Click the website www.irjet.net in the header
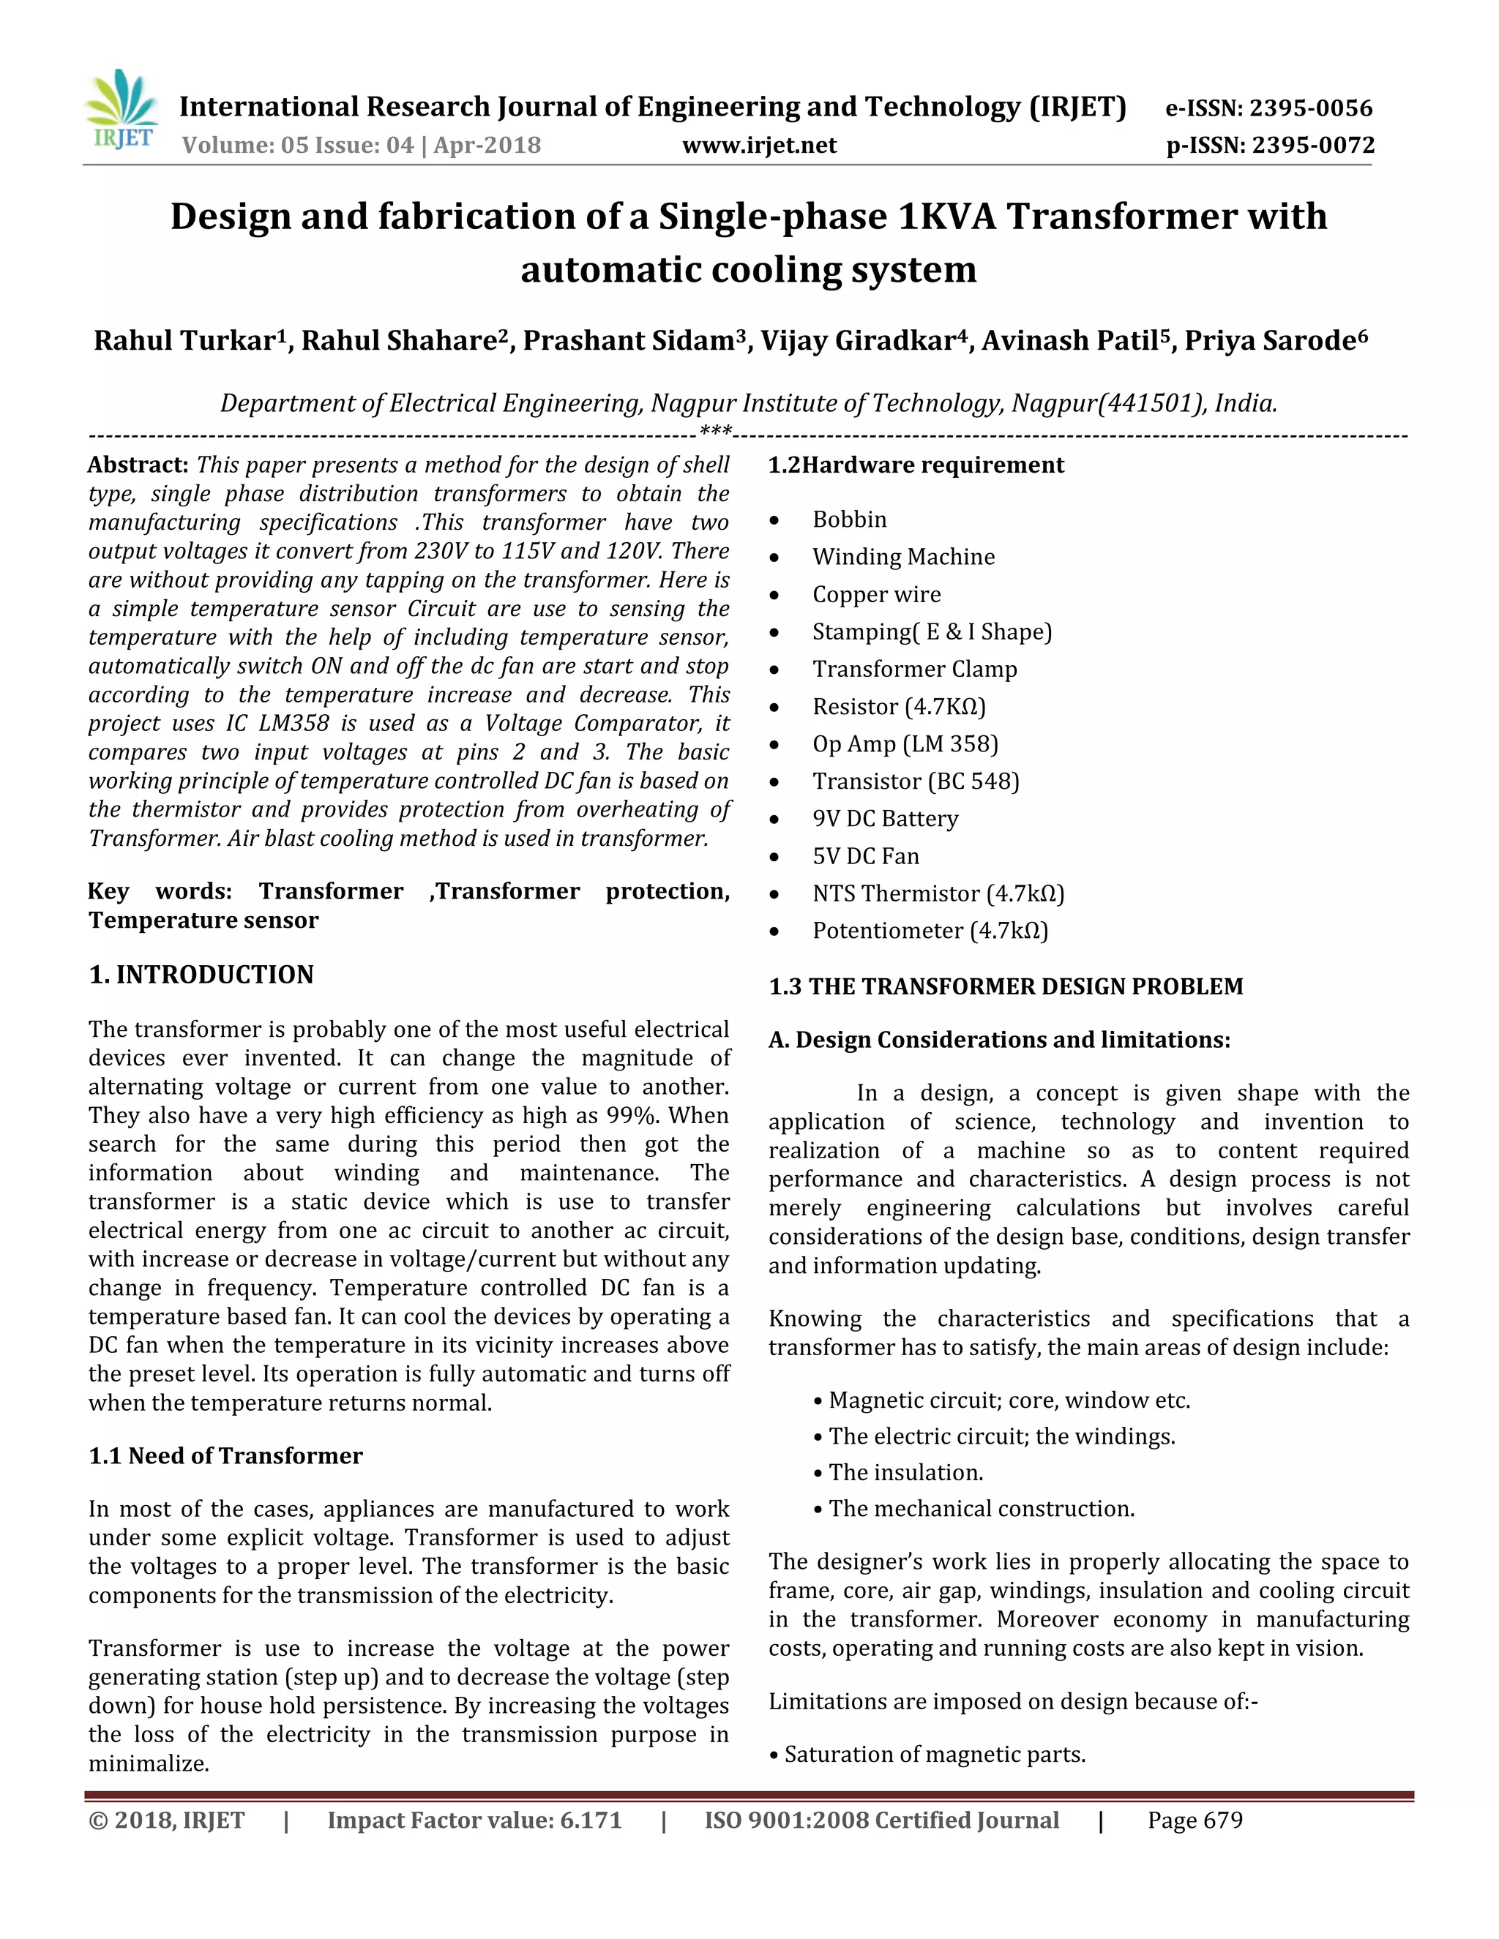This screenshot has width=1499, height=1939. (x=759, y=145)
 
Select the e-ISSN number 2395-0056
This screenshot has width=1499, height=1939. (x=1311, y=108)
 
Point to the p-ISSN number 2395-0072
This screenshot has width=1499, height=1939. (x=1313, y=145)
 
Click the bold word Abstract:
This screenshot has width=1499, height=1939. (x=138, y=465)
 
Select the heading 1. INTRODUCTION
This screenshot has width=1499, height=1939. (x=201, y=975)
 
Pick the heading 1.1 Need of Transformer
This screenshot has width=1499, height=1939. (x=225, y=1456)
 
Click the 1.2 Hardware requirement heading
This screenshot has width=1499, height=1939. (x=916, y=465)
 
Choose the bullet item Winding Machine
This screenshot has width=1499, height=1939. (x=903, y=557)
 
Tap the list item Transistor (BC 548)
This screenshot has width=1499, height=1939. (x=916, y=781)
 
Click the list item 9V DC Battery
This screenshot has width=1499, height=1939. (x=886, y=819)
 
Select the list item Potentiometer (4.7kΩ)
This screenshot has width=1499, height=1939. (x=930, y=931)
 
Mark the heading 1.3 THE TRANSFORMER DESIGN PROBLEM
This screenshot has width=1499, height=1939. (x=1005, y=986)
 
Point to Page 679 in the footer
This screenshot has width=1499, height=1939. (x=1195, y=1820)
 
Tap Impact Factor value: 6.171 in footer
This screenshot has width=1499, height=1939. (x=474, y=1820)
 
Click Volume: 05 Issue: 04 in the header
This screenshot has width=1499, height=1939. (x=299, y=145)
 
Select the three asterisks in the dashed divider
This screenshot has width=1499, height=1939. (x=716, y=432)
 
